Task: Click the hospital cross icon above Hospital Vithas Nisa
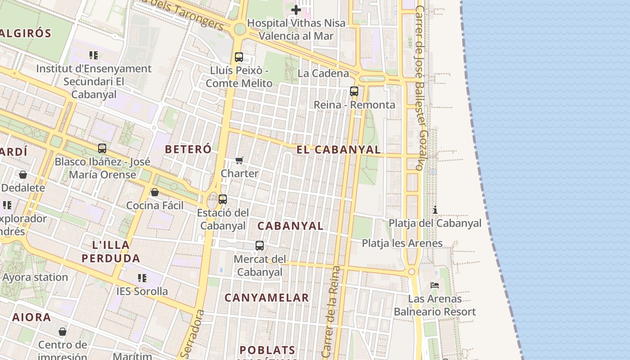(x=296, y=9)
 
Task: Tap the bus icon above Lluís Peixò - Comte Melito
(x=239, y=57)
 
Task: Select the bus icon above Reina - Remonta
(x=354, y=91)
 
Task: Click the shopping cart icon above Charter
(x=239, y=160)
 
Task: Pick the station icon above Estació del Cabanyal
(x=222, y=199)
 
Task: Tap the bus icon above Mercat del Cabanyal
(x=260, y=246)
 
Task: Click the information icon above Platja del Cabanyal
(x=435, y=210)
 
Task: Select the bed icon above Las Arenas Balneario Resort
(x=435, y=285)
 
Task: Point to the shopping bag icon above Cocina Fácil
(x=155, y=192)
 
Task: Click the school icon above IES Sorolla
(x=142, y=278)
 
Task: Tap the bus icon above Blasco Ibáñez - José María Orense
(x=102, y=148)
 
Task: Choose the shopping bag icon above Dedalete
(x=23, y=175)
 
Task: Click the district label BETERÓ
(x=188, y=149)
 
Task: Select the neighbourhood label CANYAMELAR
(x=266, y=297)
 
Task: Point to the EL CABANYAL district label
(x=338, y=150)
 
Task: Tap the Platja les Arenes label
(x=402, y=243)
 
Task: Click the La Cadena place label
(x=324, y=73)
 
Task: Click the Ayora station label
(x=35, y=277)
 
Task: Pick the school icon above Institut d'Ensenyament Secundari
(x=94, y=55)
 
